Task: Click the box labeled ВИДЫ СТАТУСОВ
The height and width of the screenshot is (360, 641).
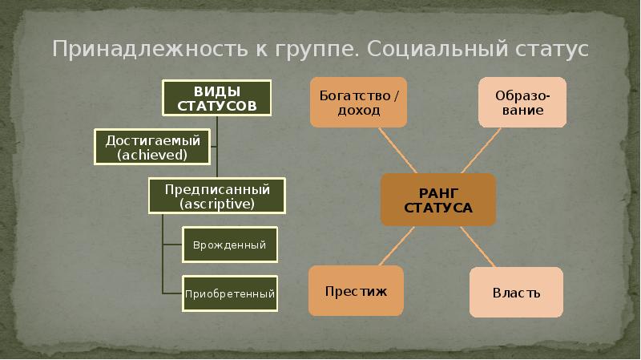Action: click(x=217, y=97)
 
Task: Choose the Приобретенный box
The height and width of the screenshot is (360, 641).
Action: click(x=230, y=293)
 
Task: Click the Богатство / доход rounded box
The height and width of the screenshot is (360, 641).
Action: click(x=358, y=102)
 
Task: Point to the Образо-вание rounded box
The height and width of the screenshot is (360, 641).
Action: click(x=522, y=102)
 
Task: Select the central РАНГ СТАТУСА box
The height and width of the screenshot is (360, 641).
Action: click(x=437, y=199)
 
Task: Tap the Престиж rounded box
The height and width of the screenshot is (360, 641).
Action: click(x=356, y=290)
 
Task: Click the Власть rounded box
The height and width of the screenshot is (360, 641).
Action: click(x=516, y=292)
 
